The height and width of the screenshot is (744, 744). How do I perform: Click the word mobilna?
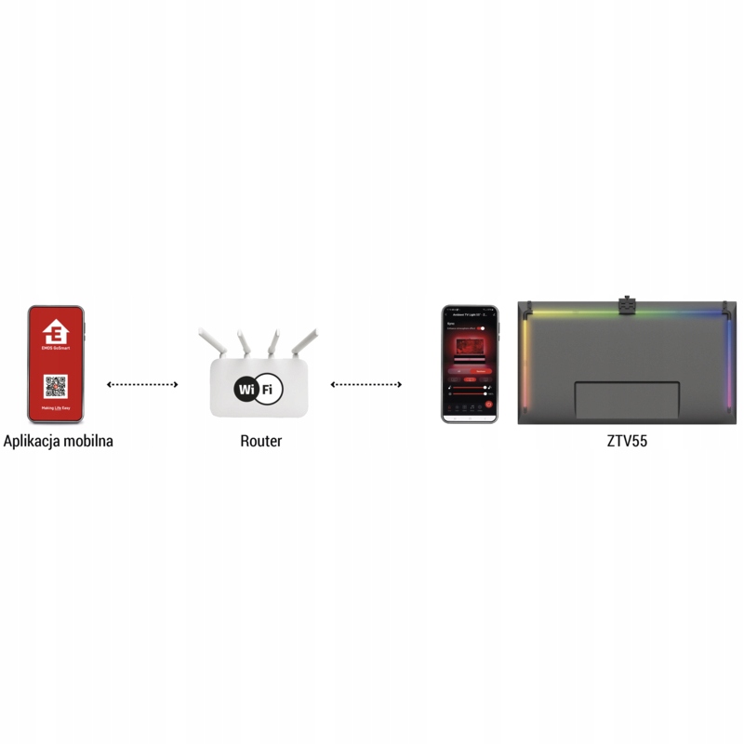88,441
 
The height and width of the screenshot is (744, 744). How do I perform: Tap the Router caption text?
260,441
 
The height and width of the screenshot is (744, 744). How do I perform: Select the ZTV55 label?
626,441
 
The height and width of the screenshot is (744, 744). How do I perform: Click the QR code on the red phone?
57,386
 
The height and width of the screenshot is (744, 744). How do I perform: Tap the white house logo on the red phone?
57,333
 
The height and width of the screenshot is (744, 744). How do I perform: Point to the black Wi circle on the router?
246,389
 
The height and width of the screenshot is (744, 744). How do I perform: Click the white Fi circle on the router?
269,389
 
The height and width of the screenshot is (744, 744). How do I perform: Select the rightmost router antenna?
305,342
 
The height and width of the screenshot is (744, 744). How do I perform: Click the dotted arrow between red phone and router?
142,384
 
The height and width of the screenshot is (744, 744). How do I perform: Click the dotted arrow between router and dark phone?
366,384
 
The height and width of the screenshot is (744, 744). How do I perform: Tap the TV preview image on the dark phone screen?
470,351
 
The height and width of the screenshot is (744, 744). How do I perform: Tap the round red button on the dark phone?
489,405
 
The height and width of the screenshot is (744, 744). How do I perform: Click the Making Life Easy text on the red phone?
57,408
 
